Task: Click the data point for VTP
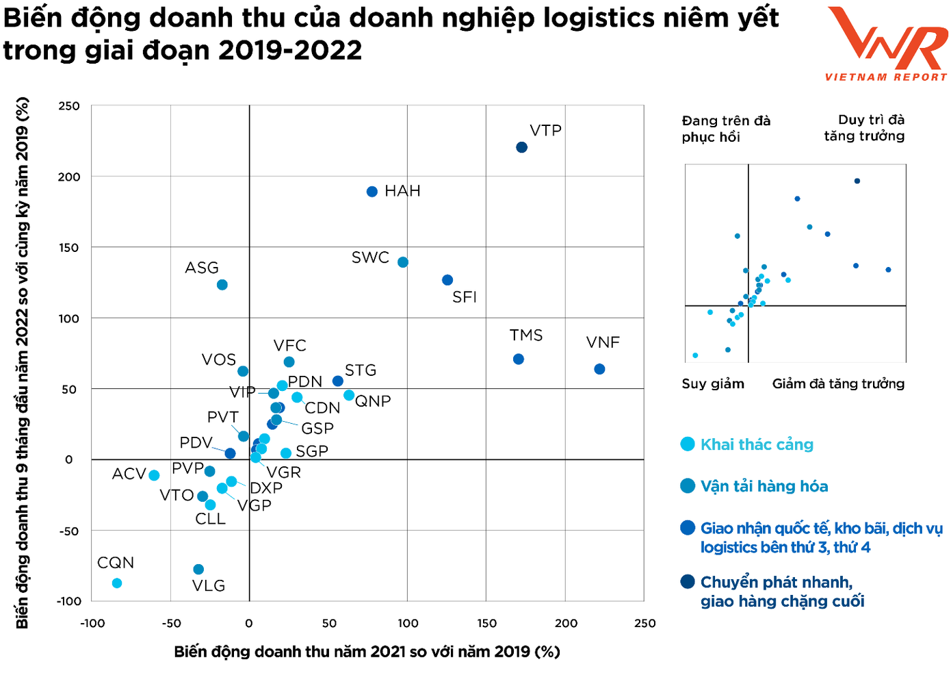tap(521, 147)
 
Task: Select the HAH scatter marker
tap(372, 192)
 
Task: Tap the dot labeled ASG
tap(222, 285)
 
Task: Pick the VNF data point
tap(599, 369)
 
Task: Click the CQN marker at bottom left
tap(117, 583)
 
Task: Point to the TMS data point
tap(519, 359)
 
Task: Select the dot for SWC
tap(403, 262)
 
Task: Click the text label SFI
tap(465, 297)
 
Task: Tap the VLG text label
tap(209, 586)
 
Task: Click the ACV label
tap(129, 474)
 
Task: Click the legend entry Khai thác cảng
tap(757, 444)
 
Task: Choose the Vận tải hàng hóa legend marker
tap(688, 486)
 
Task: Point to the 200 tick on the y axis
tap(68, 177)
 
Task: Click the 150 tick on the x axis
tap(486, 623)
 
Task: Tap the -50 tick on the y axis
tap(68, 531)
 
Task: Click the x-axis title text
tap(367, 652)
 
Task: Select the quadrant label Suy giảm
tap(713, 383)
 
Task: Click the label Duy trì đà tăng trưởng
tap(864, 128)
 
